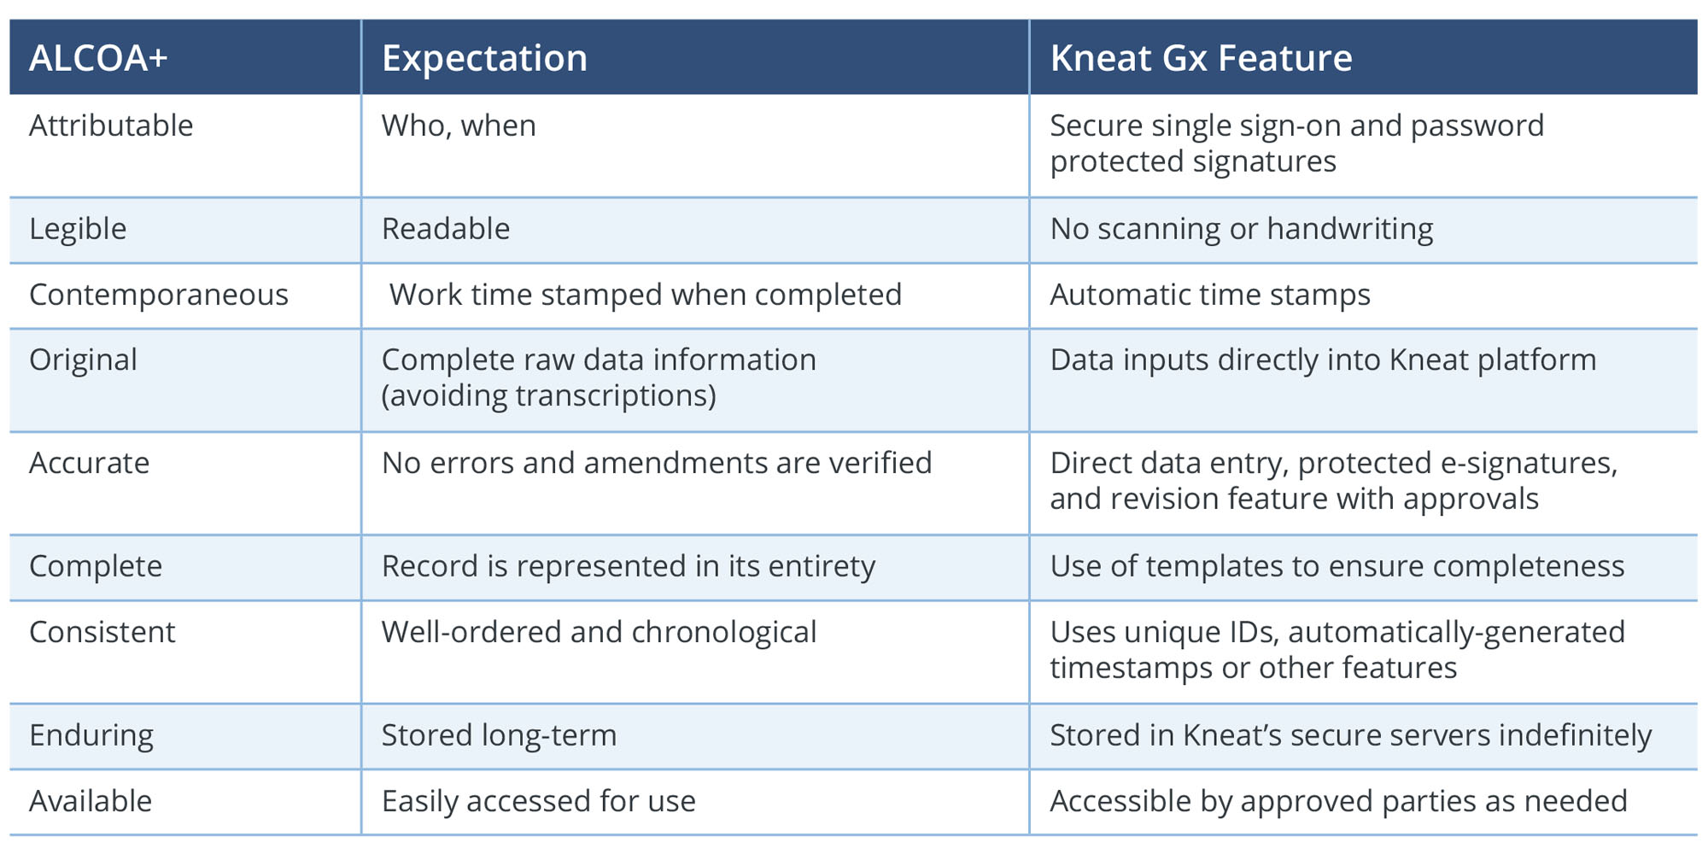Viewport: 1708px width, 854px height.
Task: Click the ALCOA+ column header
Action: (x=98, y=58)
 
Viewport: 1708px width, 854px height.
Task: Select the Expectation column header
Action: (x=484, y=59)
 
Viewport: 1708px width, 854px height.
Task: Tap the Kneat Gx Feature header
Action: (x=1201, y=58)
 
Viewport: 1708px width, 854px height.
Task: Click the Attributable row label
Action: (x=111, y=126)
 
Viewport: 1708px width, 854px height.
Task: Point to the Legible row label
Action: (x=78, y=230)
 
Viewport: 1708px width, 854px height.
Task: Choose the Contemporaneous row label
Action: (x=159, y=295)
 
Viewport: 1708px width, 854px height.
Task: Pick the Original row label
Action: (x=83, y=360)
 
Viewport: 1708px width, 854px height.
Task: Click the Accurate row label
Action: (x=90, y=463)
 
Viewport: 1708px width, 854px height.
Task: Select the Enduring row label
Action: (x=91, y=736)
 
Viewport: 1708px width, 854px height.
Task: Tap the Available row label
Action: (x=91, y=801)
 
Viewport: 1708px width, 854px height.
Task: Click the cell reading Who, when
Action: (x=459, y=126)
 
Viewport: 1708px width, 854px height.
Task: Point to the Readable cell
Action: (x=446, y=229)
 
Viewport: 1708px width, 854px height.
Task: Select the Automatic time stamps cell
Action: (x=1210, y=295)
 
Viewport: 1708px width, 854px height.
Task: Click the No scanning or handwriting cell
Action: (x=1242, y=230)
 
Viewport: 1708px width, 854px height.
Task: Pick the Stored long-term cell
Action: (x=499, y=736)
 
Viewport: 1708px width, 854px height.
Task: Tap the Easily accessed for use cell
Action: (x=539, y=802)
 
